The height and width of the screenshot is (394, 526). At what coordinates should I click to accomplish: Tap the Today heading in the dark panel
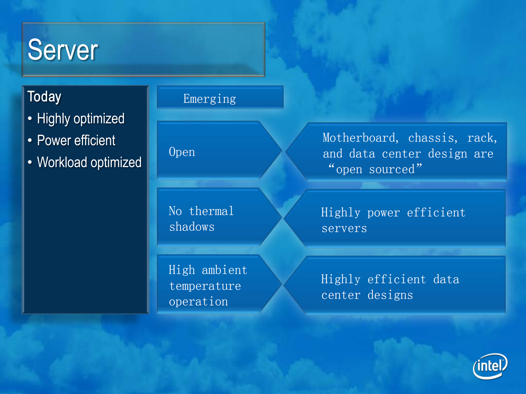tap(44, 97)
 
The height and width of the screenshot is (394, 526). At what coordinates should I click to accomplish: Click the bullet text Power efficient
tap(76, 140)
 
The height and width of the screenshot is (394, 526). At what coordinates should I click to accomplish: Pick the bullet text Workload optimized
tap(89, 162)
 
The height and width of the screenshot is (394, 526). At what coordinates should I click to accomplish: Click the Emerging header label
tap(210, 99)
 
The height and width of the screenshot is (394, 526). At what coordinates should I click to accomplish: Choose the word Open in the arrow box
tap(182, 152)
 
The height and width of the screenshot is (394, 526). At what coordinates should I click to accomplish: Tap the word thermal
tap(211, 211)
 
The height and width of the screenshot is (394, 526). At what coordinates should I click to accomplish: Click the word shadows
tap(192, 227)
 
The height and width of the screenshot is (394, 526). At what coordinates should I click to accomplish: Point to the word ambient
tap(224, 270)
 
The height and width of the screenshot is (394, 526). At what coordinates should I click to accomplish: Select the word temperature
tap(205, 286)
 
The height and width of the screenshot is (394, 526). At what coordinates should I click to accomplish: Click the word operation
tap(198, 302)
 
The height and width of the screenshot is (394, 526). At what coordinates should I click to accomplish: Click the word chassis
tap(433, 138)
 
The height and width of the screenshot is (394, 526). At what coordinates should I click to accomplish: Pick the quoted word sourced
tap(392, 169)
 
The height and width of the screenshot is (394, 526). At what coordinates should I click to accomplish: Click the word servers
tap(344, 228)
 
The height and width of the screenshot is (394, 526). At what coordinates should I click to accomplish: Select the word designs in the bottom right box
tap(390, 295)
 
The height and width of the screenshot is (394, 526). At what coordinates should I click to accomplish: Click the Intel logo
tap(490, 366)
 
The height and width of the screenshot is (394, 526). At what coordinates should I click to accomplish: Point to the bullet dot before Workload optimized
tap(30, 162)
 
